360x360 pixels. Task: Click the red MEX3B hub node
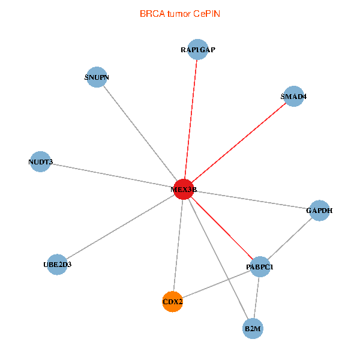tap(184, 190)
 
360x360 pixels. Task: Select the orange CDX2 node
tap(172, 302)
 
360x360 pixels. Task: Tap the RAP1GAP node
tap(197, 49)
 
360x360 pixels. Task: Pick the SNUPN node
tap(97, 77)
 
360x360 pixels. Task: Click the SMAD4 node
tap(293, 96)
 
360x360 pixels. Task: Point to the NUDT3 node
tap(40, 161)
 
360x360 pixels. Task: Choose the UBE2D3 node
tap(57, 265)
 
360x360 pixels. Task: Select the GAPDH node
tap(319, 211)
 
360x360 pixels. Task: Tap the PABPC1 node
tap(260, 266)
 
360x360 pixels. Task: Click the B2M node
tap(253, 329)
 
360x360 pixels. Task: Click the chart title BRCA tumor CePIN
tap(180, 14)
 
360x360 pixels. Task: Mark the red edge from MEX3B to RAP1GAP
tap(191, 119)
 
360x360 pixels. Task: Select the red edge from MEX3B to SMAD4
tap(239, 143)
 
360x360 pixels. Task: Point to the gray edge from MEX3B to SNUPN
tap(140, 133)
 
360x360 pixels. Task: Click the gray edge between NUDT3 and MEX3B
tap(112, 176)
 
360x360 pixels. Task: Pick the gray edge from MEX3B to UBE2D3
tap(121, 227)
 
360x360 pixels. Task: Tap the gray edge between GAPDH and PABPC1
tap(290, 239)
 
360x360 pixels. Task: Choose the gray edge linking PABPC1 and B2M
tap(256, 298)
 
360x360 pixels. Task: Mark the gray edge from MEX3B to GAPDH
tap(251, 200)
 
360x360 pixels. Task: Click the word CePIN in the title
tap(206, 14)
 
